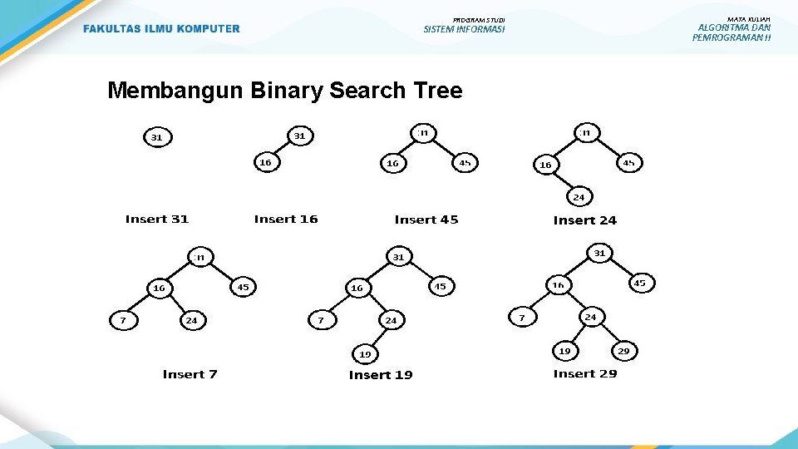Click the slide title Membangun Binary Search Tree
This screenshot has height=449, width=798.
284,90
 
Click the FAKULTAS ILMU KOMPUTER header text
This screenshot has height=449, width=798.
161,29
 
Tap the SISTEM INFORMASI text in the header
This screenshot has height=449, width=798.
464,29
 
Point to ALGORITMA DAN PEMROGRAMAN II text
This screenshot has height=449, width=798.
731,32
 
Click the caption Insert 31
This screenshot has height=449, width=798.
157,220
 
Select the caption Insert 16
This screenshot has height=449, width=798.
286,220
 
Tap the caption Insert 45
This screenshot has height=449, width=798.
426,220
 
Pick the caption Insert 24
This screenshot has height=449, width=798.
585,220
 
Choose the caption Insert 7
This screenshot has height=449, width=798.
190,374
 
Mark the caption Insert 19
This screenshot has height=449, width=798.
381,375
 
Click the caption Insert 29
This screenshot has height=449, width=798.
585,374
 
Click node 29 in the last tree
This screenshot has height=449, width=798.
623,351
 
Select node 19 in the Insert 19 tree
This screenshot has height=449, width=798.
365,354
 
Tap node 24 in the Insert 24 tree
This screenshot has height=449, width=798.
579,197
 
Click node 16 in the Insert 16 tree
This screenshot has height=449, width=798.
265,163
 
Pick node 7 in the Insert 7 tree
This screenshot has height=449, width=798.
123,319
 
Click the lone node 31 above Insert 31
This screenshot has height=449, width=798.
156,137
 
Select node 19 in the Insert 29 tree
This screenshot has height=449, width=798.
564,351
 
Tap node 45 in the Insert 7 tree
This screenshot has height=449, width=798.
243,288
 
